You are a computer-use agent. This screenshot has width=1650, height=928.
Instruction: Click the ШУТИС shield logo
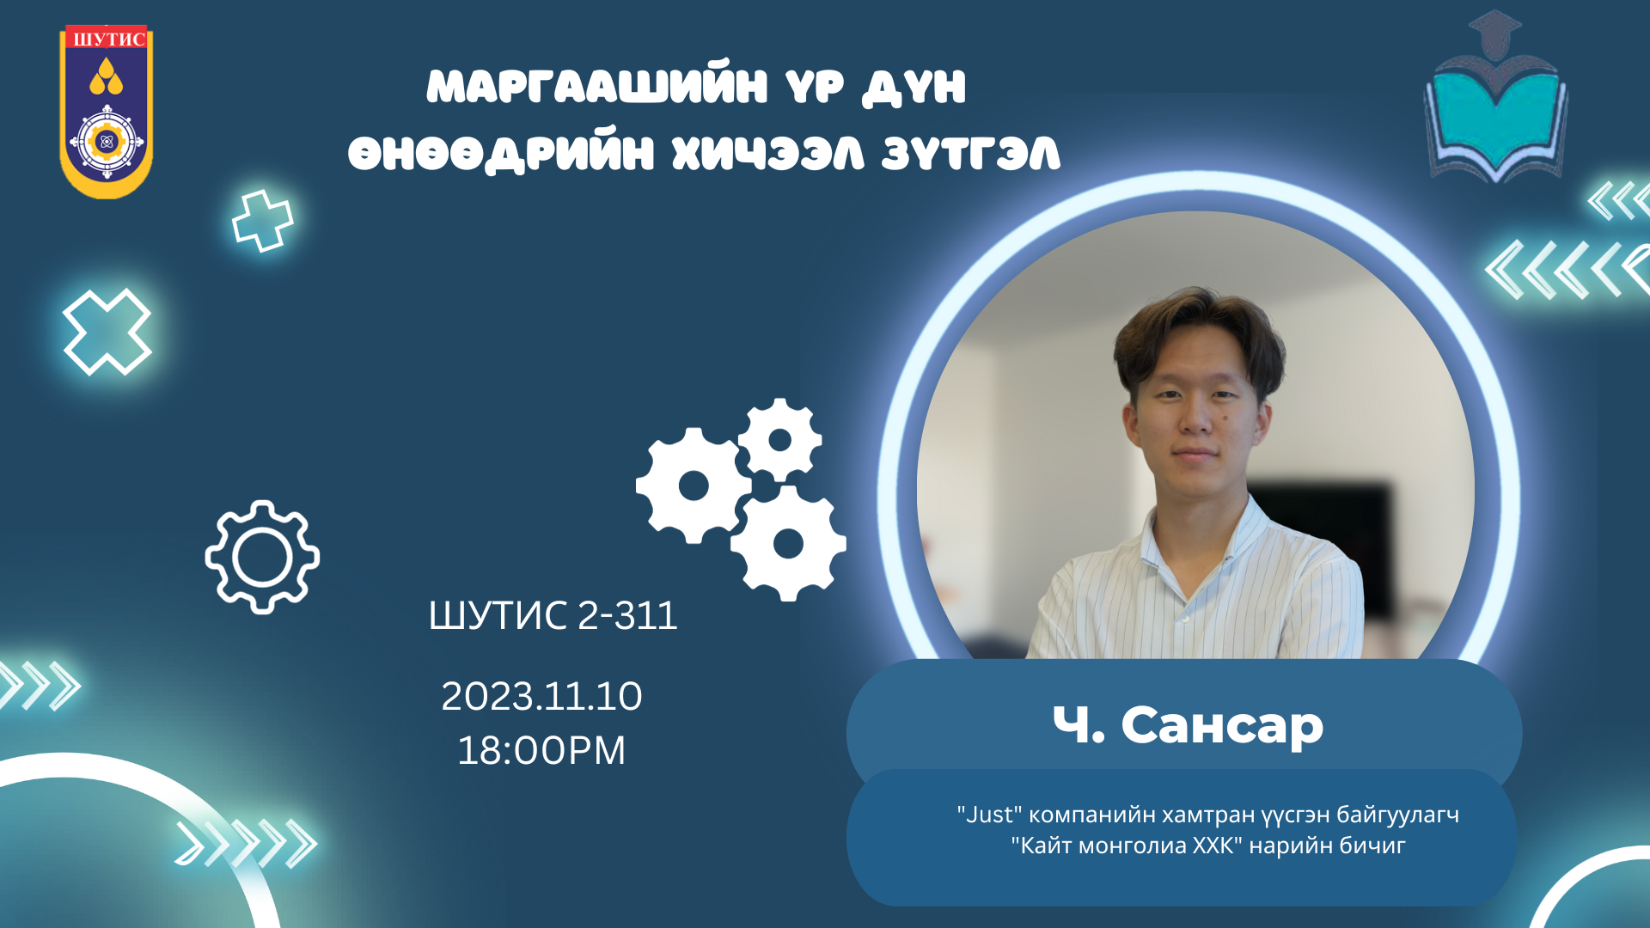(106, 112)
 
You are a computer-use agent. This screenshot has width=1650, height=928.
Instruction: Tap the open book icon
(1496, 120)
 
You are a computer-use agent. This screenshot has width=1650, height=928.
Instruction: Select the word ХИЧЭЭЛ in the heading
(767, 155)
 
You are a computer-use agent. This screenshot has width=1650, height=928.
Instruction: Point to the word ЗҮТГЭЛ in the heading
(971, 155)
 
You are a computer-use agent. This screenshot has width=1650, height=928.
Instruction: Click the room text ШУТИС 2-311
(553, 615)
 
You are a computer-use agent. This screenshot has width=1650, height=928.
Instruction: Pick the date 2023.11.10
(541, 696)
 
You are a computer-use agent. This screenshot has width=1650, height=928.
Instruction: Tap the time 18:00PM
(541, 750)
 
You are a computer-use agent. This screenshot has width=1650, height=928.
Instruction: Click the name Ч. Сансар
(1188, 725)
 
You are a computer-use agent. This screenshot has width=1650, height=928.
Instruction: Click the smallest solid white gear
(779, 440)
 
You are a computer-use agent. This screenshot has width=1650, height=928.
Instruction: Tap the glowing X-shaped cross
(107, 332)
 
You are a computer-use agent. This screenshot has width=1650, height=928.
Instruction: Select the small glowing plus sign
(262, 221)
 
